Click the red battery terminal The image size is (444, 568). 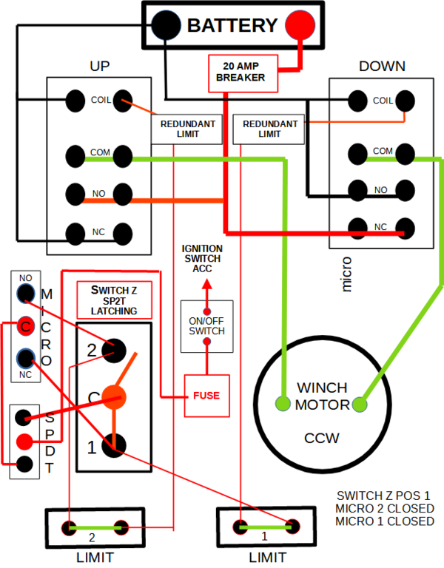coord(299,24)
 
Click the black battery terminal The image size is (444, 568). coord(166,24)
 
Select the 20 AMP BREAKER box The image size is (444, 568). coord(240,71)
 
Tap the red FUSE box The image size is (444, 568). coord(206,396)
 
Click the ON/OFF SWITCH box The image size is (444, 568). coord(206,325)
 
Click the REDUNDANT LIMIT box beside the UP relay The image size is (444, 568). coord(187,129)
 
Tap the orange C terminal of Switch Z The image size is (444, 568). coord(114,397)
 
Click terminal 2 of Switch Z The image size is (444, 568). coord(115,349)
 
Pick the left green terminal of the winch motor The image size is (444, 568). coord(283,404)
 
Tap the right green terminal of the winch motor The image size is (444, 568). coord(360,405)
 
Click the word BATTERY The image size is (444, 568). coord(232,25)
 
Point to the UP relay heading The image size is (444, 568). coord(99,67)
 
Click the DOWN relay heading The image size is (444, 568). coord(381,67)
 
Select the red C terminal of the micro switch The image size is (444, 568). coord(25,325)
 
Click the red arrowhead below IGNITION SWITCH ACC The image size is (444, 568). coord(206,283)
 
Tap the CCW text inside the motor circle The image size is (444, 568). coord(322,438)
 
